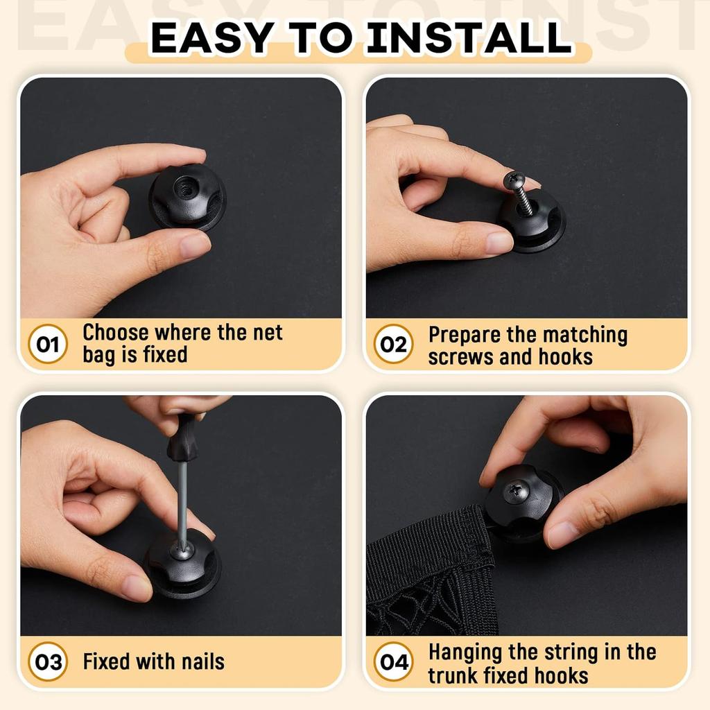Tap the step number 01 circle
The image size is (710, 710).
pyautogui.click(x=48, y=344)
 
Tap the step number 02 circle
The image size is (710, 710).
pyautogui.click(x=394, y=345)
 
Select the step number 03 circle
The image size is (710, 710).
pyautogui.click(x=48, y=661)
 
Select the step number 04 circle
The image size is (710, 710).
pyautogui.click(x=394, y=662)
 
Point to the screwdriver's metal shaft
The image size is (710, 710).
pyautogui.click(x=182, y=499)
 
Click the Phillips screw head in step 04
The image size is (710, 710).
pyautogui.click(x=517, y=491)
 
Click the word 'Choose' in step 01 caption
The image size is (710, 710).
pyautogui.click(x=116, y=333)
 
